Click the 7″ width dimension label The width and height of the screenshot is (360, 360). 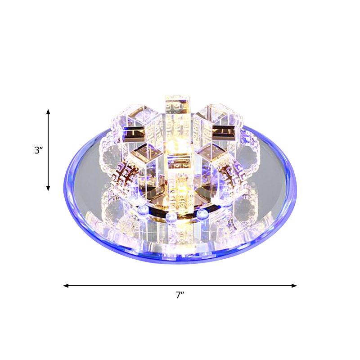[180, 296]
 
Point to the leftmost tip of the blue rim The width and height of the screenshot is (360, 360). [63, 189]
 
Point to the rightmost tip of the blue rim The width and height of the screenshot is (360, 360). [297, 189]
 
